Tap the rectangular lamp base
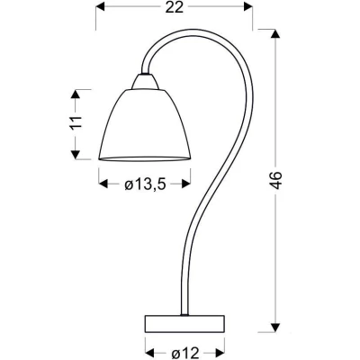186,322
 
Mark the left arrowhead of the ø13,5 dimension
100,186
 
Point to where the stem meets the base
184,315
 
